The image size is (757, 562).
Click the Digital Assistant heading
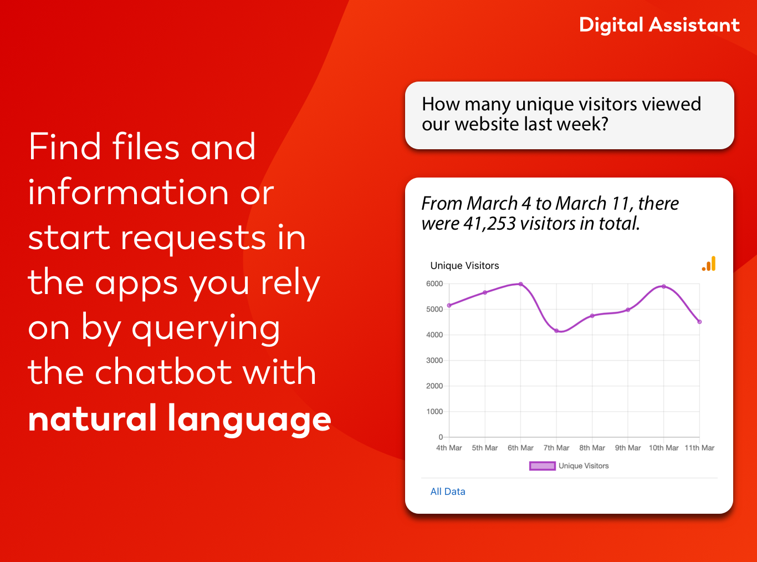point(659,25)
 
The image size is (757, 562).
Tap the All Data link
point(448,492)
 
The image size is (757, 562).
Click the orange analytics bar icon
point(709,264)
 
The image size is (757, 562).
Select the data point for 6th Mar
point(520,284)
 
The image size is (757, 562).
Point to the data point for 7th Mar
point(556,331)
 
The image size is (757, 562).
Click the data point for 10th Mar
point(663,286)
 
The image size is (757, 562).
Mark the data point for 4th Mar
point(449,305)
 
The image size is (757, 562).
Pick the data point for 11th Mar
point(699,322)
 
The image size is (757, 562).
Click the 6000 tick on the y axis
point(434,283)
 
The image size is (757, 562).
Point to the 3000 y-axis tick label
point(434,361)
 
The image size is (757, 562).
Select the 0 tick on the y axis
point(441,437)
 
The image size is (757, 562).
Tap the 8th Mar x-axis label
point(592,448)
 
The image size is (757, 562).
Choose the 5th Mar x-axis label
point(484,448)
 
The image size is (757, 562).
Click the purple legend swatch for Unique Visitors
point(542,466)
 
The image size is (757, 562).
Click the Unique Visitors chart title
point(464,266)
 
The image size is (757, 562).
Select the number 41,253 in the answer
point(489,224)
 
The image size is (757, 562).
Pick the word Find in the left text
point(65,147)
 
